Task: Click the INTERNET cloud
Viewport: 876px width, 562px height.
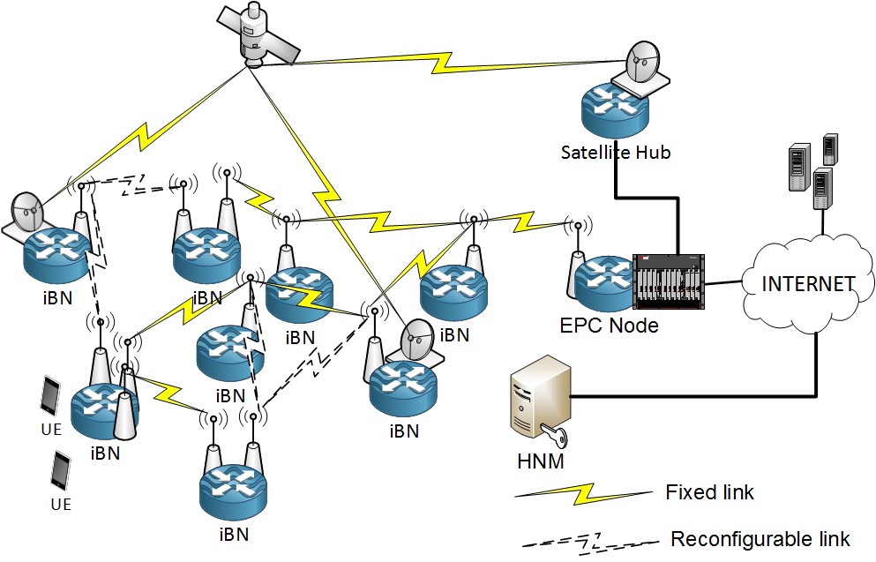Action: click(x=808, y=284)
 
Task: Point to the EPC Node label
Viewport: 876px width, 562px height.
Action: click(x=610, y=326)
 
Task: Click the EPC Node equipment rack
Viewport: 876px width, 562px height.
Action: click(x=670, y=282)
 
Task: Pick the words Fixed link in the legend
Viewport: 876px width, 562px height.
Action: click(x=710, y=491)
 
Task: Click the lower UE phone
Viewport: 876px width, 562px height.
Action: click(x=61, y=471)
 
